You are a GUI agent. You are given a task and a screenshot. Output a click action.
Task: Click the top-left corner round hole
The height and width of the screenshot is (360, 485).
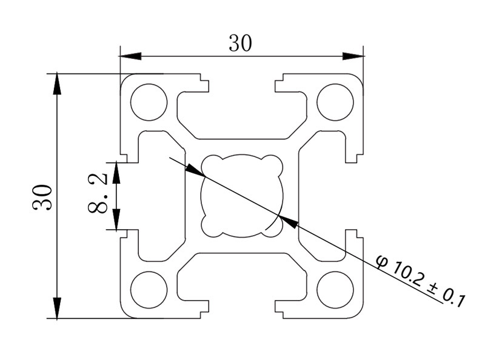coord(149,101)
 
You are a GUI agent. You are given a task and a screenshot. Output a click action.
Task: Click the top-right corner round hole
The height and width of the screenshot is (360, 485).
coord(335,101)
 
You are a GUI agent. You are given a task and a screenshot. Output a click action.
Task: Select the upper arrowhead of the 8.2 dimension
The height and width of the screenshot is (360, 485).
coord(116,172)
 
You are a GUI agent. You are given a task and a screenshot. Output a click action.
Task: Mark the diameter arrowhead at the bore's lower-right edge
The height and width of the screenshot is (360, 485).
coord(290,222)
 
